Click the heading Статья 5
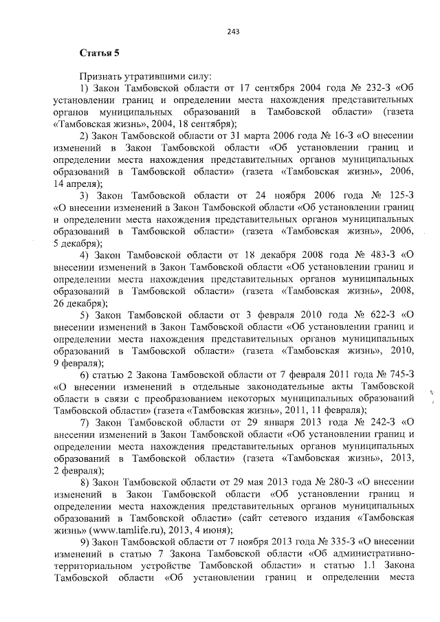[100, 52]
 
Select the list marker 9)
[86, 540]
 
